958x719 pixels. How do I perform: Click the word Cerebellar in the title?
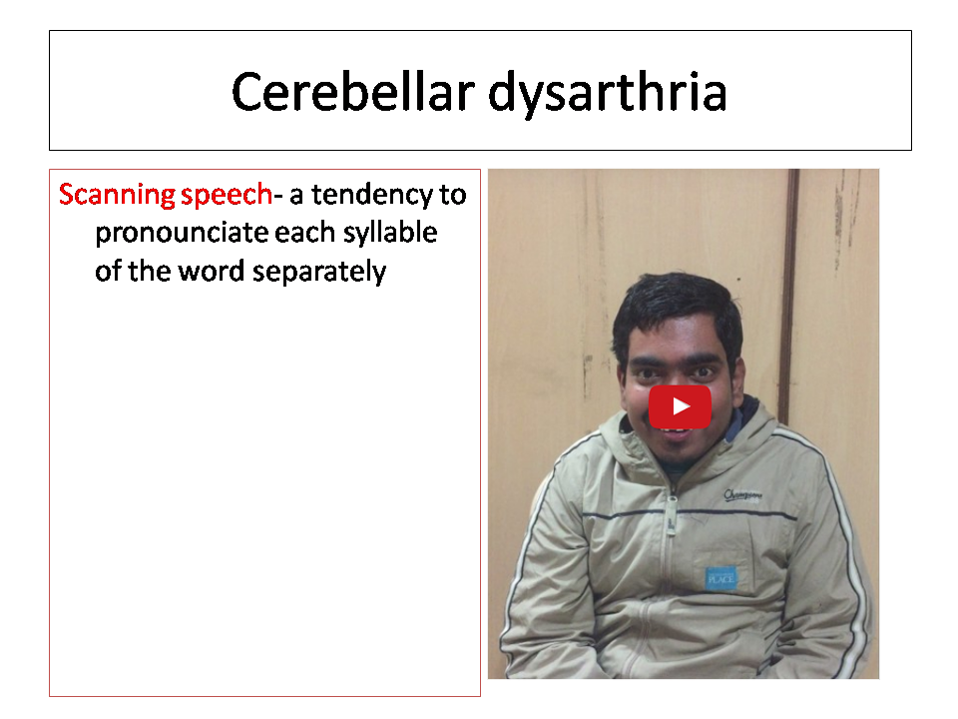pos(353,92)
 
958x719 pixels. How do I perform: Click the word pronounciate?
pos(182,234)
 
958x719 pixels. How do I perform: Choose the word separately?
pos(319,272)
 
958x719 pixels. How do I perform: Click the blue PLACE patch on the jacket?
pos(720,578)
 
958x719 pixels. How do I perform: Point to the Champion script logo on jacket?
pos(742,495)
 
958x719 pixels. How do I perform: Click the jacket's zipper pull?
pos(671,523)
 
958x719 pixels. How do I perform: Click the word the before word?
pos(149,271)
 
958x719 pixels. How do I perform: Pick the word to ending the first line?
pos(453,196)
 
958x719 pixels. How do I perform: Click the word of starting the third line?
pos(108,271)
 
